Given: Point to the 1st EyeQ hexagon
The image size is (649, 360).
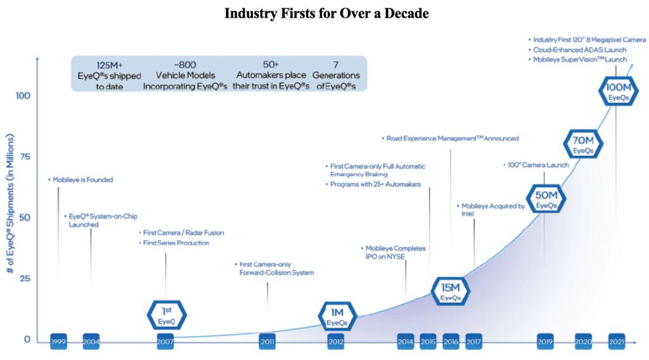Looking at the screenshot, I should coord(167,315).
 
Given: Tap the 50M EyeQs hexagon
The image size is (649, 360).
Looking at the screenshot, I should coord(546,198).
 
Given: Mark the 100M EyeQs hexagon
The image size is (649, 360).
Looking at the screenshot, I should coord(618,91).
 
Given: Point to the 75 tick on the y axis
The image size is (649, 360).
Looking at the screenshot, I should coord(22,157).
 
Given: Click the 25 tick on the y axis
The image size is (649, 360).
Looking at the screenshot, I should coord(22,279).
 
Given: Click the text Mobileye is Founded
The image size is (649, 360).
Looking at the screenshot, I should coord(82,180).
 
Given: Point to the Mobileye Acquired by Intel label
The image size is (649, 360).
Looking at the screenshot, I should coord(492,210).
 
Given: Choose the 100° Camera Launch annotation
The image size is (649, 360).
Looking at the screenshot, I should coord(537,165).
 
